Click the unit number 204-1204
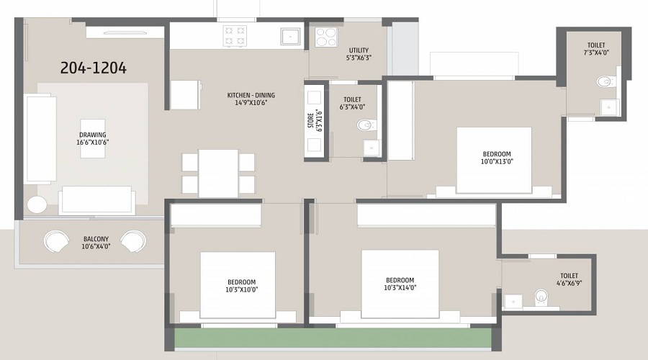coord(94,68)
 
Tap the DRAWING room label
coord(93,138)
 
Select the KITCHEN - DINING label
coord(251,99)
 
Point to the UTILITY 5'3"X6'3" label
coord(359,54)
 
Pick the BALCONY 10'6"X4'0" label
coord(95,243)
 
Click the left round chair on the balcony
coord(55,241)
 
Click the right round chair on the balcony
coord(134,241)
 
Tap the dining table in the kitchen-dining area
coord(218,173)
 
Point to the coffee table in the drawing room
coord(93,137)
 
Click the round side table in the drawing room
coord(37,205)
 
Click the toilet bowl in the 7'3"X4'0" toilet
coord(607,81)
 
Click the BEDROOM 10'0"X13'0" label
coord(497,158)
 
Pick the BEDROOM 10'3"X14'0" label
coord(400,284)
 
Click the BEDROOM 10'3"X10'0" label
coord(237,285)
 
